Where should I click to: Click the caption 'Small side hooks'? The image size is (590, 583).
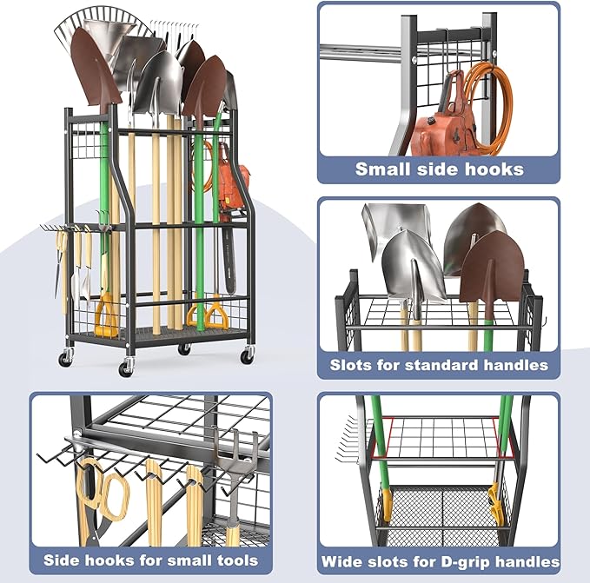click(x=439, y=169)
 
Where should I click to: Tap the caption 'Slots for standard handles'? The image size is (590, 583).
click(x=439, y=365)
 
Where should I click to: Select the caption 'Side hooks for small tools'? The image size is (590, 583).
click(x=150, y=560)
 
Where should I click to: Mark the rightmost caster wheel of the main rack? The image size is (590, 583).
click(x=247, y=354)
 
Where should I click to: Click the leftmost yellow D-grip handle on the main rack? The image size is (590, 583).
click(x=107, y=317)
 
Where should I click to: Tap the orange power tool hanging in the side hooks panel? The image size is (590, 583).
click(x=440, y=122)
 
